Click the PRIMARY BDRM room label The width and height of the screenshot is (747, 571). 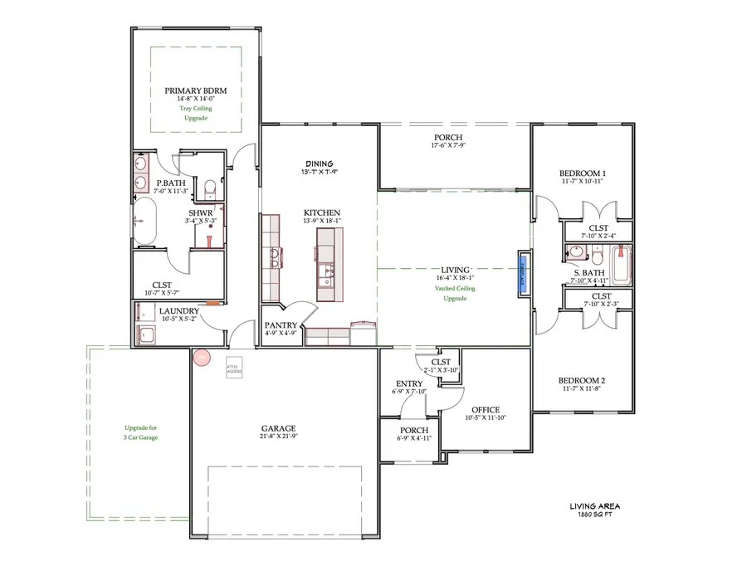(x=196, y=90)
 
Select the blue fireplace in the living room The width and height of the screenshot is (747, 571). (x=523, y=271)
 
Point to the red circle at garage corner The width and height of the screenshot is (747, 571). (x=201, y=358)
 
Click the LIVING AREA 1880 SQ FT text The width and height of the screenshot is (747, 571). (x=594, y=510)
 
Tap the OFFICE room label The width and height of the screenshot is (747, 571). (x=485, y=409)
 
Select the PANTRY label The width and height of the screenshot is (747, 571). (x=280, y=325)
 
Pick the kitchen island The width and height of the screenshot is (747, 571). (x=326, y=265)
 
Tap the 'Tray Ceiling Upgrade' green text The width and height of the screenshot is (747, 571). (x=196, y=113)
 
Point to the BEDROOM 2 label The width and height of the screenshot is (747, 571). (x=581, y=381)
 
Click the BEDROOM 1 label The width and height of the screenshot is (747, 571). (x=582, y=173)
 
